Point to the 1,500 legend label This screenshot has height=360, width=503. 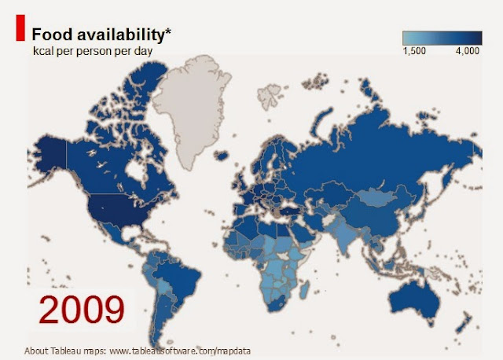(x=414, y=51)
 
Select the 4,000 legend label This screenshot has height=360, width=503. (x=468, y=51)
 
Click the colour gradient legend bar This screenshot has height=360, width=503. (x=442, y=37)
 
